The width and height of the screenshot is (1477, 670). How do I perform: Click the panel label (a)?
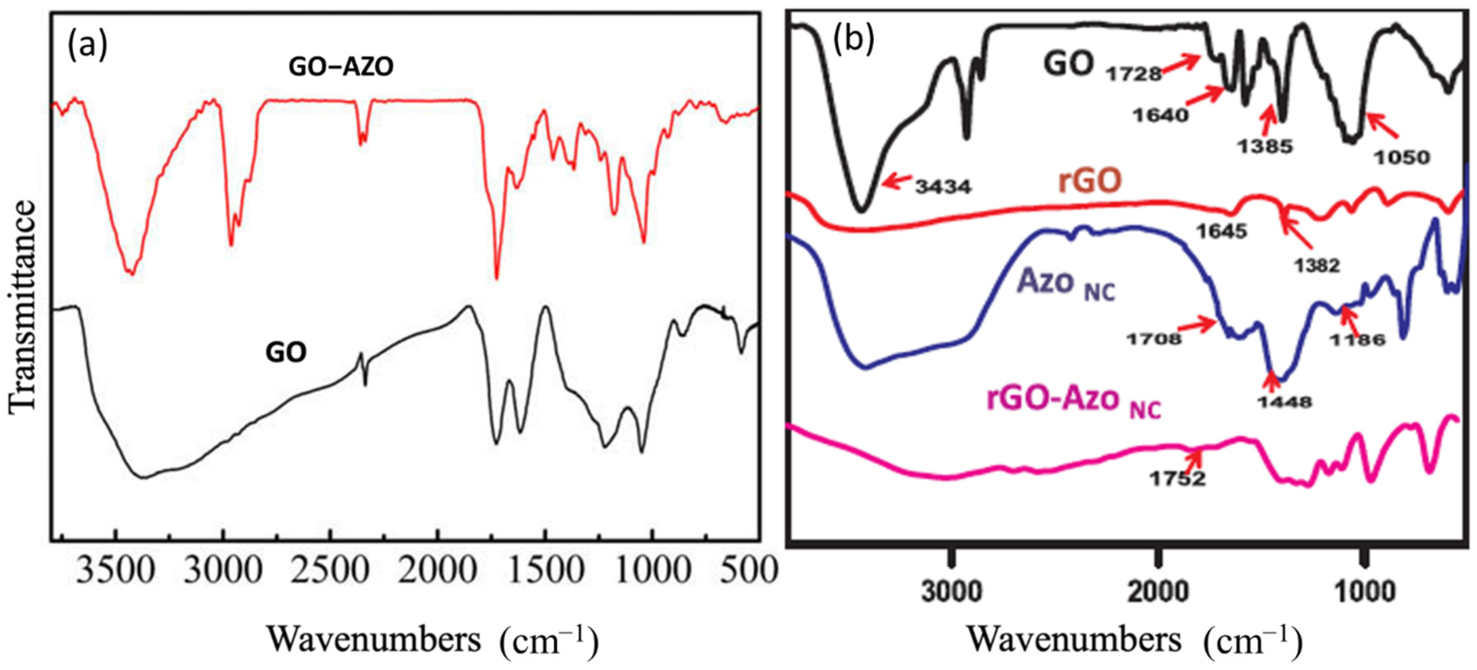(87, 45)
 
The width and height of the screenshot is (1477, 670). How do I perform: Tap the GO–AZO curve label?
(341, 68)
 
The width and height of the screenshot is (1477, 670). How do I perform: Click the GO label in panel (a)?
(285, 352)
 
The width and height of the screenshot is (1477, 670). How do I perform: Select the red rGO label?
(1090, 181)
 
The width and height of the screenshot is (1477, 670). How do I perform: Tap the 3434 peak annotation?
(943, 187)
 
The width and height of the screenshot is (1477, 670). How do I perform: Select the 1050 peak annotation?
(1403, 157)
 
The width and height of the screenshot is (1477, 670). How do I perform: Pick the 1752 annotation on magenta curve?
(1177, 478)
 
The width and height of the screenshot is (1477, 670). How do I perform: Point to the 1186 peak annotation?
(1357, 339)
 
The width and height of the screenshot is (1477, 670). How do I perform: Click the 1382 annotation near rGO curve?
(1316, 265)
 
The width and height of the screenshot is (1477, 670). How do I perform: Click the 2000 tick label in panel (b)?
(1158, 591)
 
